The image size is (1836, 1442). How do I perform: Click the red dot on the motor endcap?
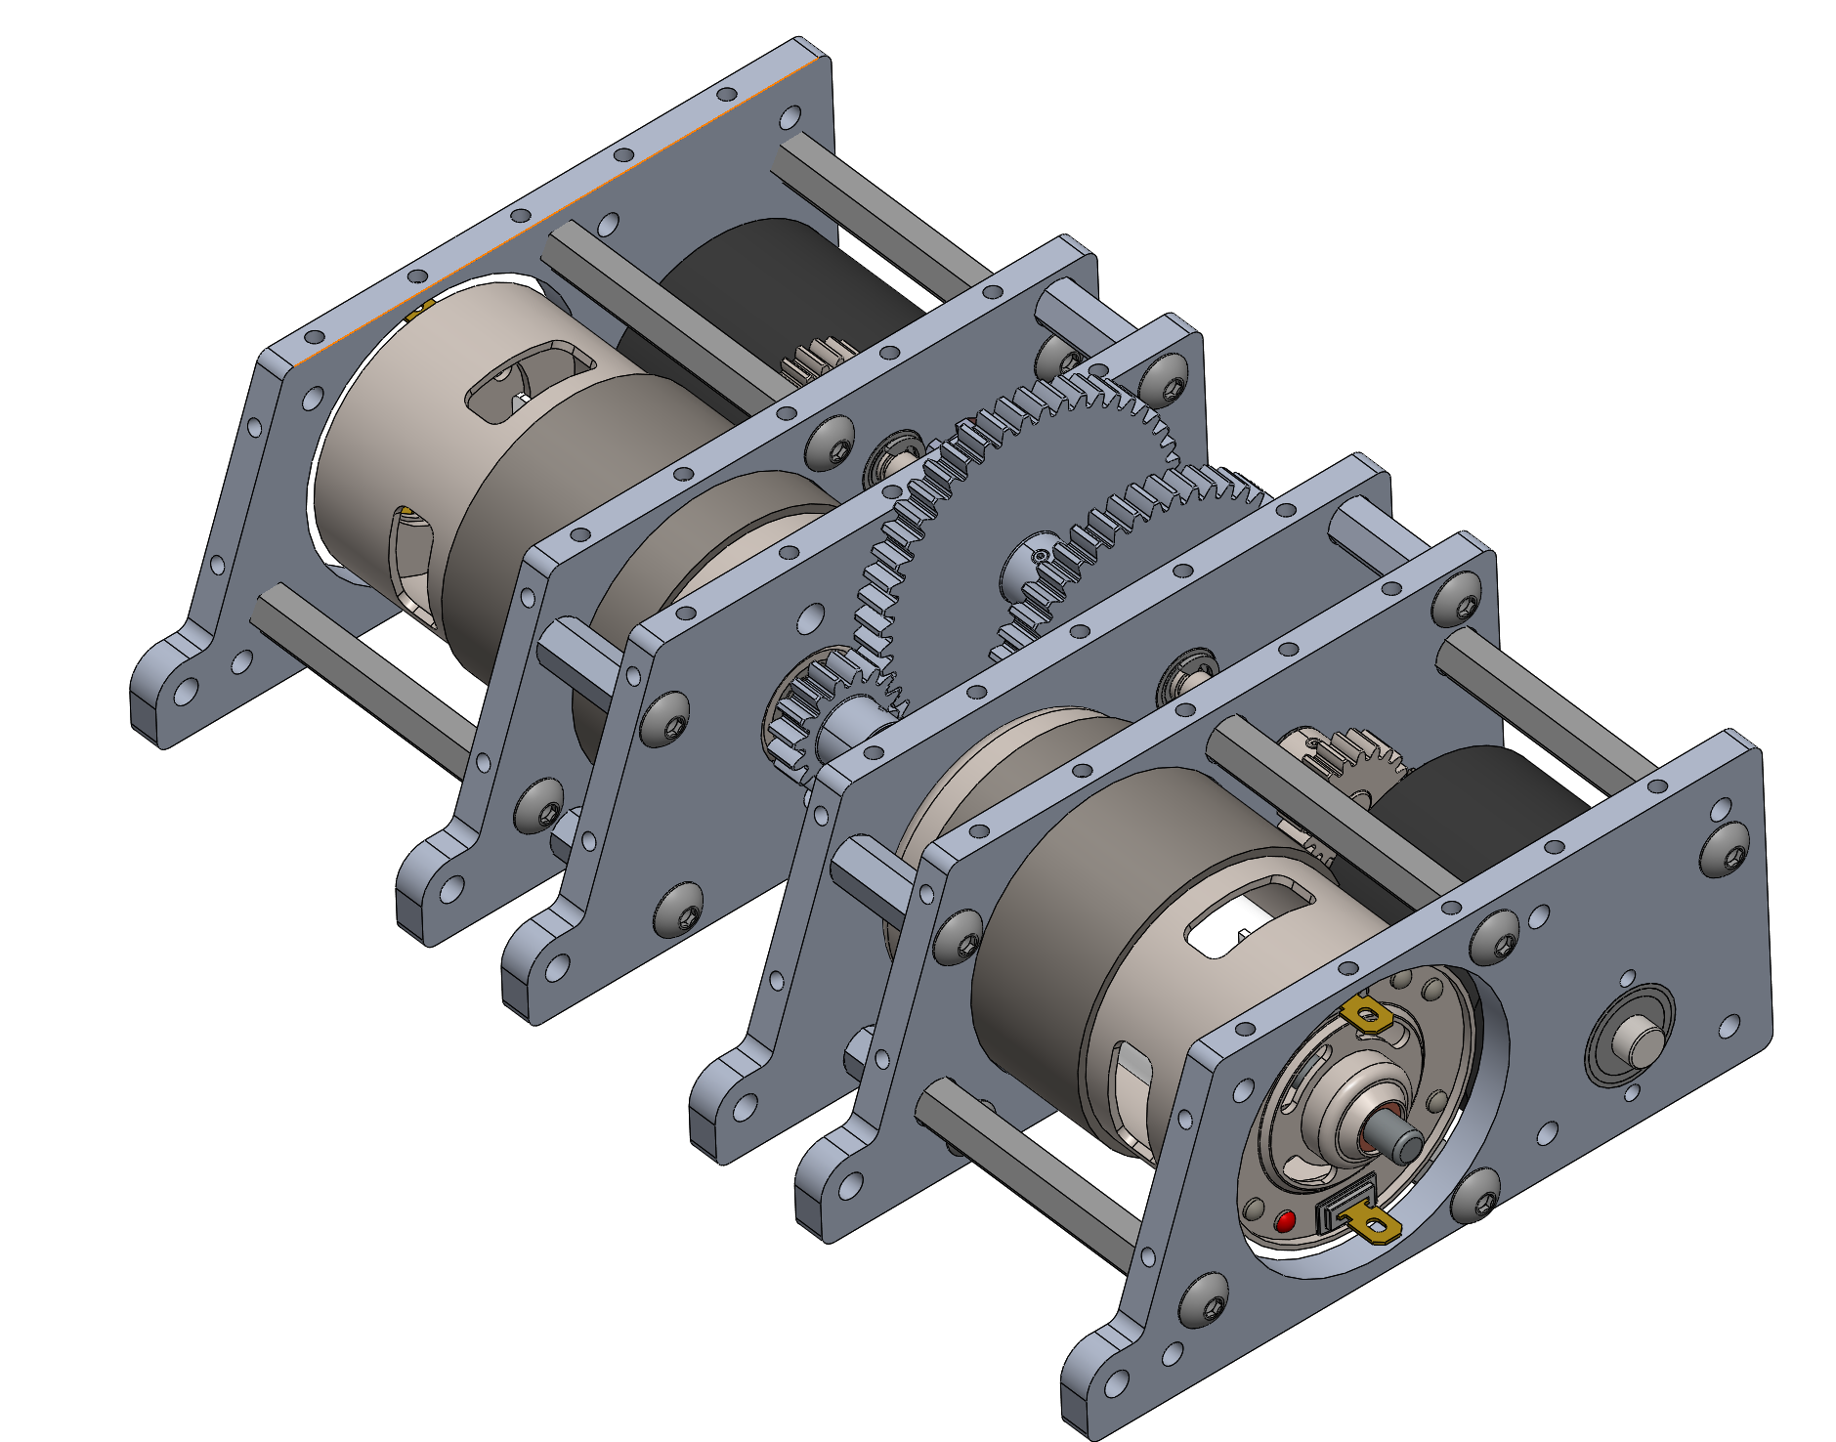[x=1285, y=1221]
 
